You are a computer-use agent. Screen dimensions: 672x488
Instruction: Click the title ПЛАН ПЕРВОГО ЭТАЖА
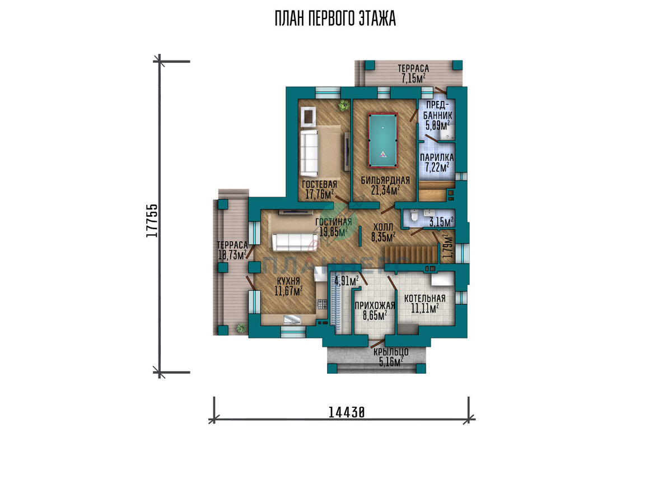(x=335, y=18)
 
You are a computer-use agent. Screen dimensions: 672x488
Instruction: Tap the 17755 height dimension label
(x=152, y=221)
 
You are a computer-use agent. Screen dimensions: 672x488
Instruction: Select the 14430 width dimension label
(x=347, y=412)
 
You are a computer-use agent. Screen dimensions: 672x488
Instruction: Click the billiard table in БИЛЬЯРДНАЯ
(x=383, y=140)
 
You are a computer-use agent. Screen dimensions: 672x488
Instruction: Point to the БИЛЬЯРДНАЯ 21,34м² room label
(x=385, y=185)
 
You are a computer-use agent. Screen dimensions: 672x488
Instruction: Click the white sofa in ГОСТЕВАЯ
(x=309, y=153)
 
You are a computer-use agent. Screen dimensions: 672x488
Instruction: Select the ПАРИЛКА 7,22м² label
(x=437, y=162)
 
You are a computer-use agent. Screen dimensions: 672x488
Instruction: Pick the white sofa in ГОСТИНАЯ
(x=295, y=242)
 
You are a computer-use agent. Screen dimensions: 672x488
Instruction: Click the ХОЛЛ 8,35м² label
(x=383, y=233)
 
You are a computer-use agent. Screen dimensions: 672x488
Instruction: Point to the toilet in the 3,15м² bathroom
(x=414, y=216)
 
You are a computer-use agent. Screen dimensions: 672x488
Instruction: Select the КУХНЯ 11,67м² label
(x=288, y=286)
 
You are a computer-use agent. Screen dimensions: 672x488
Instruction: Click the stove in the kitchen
(x=322, y=304)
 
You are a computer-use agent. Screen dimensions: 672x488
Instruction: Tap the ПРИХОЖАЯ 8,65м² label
(x=375, y=311)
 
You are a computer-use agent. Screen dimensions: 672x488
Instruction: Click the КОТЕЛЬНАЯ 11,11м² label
(x=425, y=304)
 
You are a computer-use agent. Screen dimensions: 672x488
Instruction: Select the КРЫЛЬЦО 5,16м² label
(x=391, y=357)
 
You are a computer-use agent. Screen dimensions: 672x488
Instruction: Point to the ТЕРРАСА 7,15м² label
(x=413, y=73)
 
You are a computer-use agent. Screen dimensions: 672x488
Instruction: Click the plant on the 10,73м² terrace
(x=241, y=328)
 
